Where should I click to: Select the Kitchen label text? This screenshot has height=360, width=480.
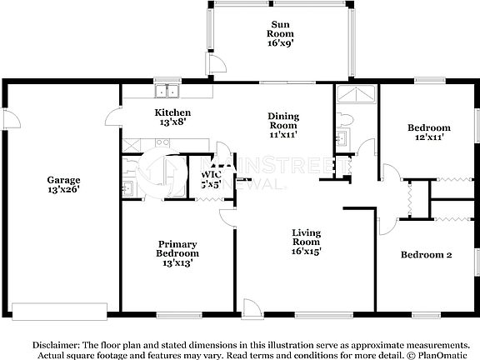[x=172, y=117]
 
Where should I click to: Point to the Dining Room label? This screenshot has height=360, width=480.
[x=283, y=125]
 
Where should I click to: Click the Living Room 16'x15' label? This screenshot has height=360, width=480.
[x=307, y=241]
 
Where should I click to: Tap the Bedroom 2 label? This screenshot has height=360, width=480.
[x=426, y=255]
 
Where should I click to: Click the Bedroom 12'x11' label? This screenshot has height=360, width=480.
[x=428, y=132]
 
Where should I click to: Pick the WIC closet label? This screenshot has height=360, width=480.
[x=211, y=179]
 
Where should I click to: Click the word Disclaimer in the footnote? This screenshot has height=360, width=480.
[x=56, y=344]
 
